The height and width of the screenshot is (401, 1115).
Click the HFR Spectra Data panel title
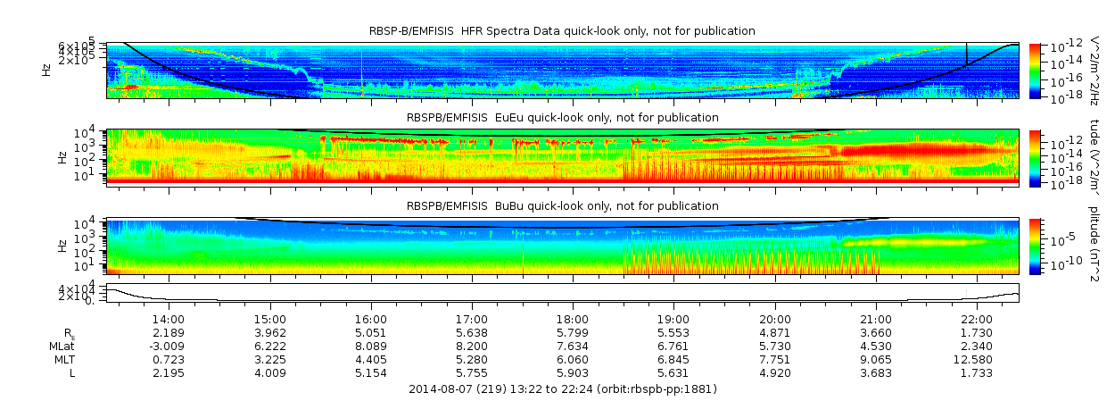[x=562, y=31]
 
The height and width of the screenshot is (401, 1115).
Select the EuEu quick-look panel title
[x=562, y=117]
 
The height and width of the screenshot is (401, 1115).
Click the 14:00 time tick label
[x=169, y=319]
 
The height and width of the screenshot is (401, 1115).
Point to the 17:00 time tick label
[x=472, y=319]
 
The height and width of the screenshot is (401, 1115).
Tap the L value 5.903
[x=573, y=372]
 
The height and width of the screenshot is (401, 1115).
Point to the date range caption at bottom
[x=562, y=388]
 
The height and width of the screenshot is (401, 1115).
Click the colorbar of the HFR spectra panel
[x=1035, y=70]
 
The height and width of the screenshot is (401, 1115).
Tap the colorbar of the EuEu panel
[x=1035, y=157]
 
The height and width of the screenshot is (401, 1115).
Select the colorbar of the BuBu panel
[x=1035, y=246]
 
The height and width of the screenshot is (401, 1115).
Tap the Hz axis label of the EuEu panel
[x=61, y=157]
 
